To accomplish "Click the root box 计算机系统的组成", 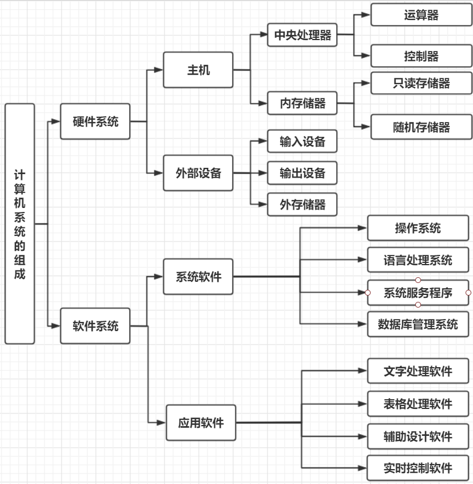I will point(20,223).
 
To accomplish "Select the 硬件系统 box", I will point(96,121).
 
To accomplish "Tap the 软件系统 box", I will point(96,326).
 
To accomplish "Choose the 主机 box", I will point(198,70).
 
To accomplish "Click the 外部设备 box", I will point(198,173).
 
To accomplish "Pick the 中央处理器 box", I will point(302,35).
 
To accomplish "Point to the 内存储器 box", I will point(302,104).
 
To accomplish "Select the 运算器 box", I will point(421,15).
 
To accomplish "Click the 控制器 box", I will point(421,56).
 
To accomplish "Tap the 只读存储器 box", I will point(421,84).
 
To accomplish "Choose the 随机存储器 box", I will point(421,127).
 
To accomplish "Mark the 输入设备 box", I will point(302,141).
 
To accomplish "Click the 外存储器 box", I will point(302,204).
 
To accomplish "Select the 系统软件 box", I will point(198,277).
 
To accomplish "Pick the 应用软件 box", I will point(201,423).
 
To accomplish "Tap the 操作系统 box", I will point(418,228).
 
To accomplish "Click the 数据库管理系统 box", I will point(418,324).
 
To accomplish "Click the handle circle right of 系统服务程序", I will point(468,293).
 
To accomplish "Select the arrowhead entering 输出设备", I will point(263,172).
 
